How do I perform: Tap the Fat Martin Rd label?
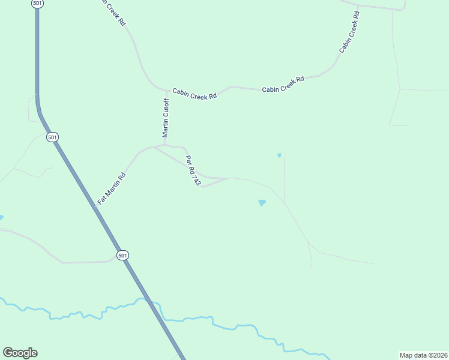pyautogui.click(x=112, y=187)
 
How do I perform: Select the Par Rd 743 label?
pyautogui.click(x=192, y=170)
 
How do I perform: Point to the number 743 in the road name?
pyautogui.click(x=196, y=178)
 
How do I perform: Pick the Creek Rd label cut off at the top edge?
pyautogui.click(x=114, y=13)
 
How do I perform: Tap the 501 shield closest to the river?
pyautogui.click(x=122, y=255)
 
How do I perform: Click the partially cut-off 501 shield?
pyautogui.click(x=37, y=3)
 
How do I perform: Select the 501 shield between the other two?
pyautogui.click(x=53, y=137)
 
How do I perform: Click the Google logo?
pyautogui.click(x=20, y=353)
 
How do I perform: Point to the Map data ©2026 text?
pyautogui.click(x=423, y=355)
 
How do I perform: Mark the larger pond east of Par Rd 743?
pyautogui.click(x=262, y=203)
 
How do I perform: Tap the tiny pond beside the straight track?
pyautogui.click(x=279, y=155)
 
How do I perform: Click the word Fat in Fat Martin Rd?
pyautogui.click(x=101, y=199)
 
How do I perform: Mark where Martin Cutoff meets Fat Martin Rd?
pyautogui.click(x=164, y=145)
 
